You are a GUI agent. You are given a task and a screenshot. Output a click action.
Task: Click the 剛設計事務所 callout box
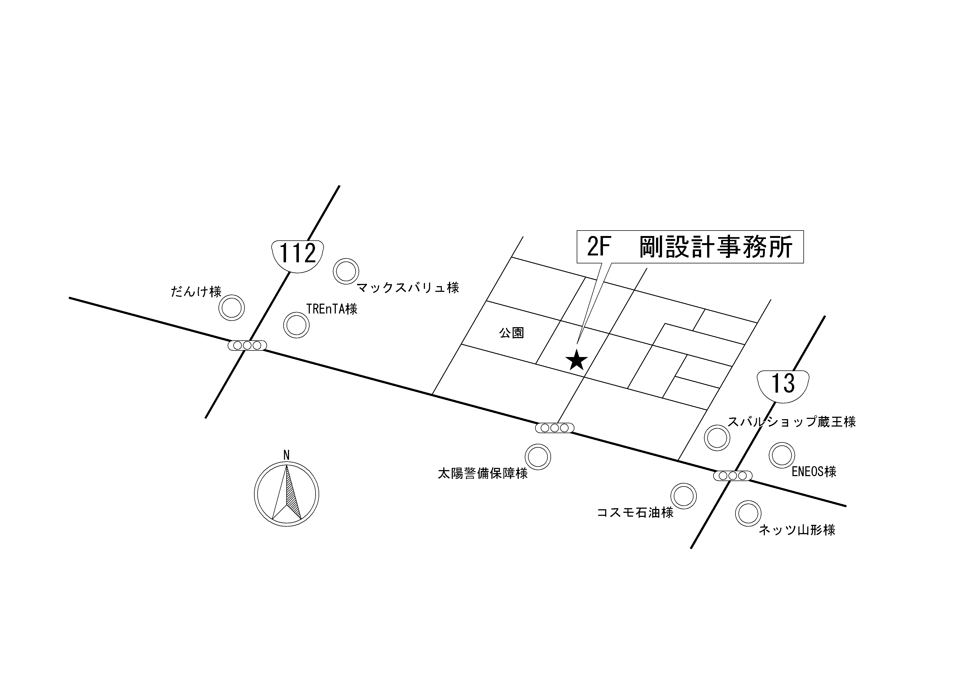pyautogui.click(x=690, y=247)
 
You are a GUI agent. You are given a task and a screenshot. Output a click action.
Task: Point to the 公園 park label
pyautogui.click(x=511, y=333)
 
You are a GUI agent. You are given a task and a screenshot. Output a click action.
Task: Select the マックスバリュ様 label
pyautogui.click(x=408, y=288)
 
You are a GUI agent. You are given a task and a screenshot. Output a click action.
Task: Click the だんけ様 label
pyautogui.click(x=196, y=291)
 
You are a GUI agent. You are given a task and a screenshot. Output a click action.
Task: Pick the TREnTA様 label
pyautogui.click(x=332, y=309)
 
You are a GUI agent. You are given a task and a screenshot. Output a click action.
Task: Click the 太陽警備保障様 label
pyautogui.click(x=483, y=473)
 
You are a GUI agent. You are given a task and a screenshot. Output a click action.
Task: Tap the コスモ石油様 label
pyautogui.click(x=635, y=513)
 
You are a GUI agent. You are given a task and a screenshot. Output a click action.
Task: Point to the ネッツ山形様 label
pyautogui.click(x=797, y=530)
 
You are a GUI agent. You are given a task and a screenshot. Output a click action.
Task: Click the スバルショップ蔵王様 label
pyautogui.click(x=792, y=422)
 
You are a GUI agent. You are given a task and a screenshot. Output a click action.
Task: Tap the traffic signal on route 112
pyautogui.click(x=247, y=345)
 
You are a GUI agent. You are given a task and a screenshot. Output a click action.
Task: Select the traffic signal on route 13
pyautogui.click(x=733, y=475)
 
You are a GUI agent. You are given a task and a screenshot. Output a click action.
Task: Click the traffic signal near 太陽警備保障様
pyautogui.click(x=555, y=428)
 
